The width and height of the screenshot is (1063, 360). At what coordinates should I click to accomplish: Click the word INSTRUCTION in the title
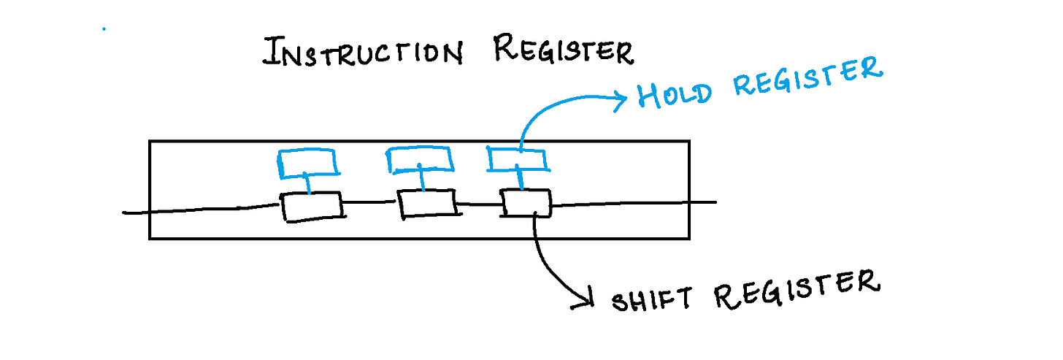[x=362, y=53]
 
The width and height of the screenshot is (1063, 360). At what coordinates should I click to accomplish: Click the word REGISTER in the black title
[x=563, y=51]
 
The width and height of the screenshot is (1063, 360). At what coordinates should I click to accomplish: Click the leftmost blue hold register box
[x=309, y=164]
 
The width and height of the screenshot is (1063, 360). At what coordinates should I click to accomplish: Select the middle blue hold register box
[x=418, y=160]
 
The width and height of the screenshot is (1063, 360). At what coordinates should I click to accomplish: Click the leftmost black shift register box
[x=312, y=207]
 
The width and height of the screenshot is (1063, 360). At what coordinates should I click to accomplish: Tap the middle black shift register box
[x=428, y=202]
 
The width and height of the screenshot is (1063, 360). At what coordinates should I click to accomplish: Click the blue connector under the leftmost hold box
[x=309, y=184]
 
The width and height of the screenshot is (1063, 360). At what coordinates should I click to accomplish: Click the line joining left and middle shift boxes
[x=370, y=203]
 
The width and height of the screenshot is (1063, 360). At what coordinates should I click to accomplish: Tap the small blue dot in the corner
[x=104, y=30]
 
